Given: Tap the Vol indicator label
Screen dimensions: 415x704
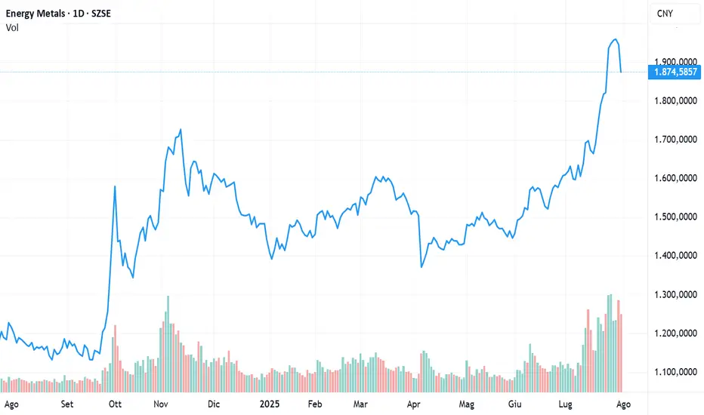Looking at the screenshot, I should [12, 28].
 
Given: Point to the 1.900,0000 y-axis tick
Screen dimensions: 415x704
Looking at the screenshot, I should [675, 62].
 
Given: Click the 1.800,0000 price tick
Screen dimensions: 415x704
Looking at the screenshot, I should [675, 100].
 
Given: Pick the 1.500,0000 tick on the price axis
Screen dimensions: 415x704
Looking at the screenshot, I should [675, 217].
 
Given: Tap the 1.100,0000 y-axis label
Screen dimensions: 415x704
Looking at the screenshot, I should [675, 372].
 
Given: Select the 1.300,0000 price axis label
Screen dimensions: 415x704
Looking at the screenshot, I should [675, 295].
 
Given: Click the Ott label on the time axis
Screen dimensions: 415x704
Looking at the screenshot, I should [116, 404].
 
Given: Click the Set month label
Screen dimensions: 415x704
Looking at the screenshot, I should [68, 404].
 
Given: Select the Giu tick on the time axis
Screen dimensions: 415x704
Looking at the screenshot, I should [516, 404].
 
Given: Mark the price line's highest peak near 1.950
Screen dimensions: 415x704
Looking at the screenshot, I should [615, 39].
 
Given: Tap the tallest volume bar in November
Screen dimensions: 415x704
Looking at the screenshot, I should [168, 297].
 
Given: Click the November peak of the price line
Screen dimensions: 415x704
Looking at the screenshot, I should [180, 130].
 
